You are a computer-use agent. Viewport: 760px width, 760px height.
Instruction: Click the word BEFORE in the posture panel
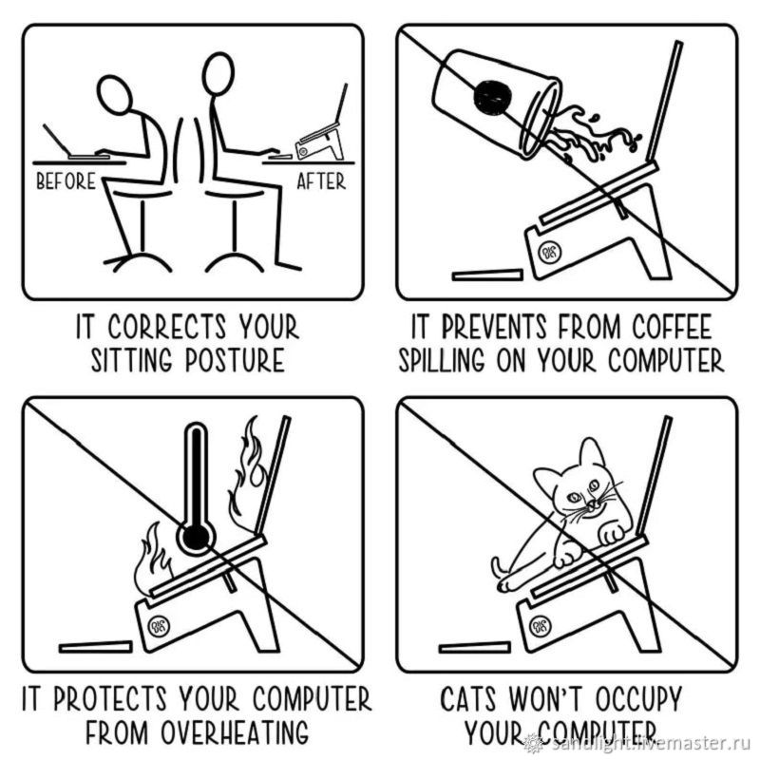point(66,181)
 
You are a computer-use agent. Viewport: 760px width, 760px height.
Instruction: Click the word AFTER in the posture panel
point(321,181)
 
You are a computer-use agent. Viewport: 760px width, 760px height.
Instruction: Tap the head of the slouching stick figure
point(114,94)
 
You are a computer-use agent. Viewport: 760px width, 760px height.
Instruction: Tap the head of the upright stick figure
point(218,73)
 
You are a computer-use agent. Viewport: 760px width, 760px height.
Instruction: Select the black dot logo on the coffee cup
point(492,97)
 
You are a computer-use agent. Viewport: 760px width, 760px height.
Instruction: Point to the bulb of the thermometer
point(196,537)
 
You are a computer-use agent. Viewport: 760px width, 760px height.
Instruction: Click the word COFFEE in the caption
point(672,327)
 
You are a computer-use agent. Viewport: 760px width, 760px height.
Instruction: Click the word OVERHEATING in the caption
point(235,731)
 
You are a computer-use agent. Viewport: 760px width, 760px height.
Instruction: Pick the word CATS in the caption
point(468,698)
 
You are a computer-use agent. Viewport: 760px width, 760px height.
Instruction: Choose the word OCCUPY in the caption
point(637,698)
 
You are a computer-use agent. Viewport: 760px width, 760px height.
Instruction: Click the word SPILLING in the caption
point(441,361)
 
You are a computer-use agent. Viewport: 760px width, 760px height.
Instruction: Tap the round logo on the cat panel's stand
point(540,627)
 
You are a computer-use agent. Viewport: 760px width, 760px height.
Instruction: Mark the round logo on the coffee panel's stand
point(550,252)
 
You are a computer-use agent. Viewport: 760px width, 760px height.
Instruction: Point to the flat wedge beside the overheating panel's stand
point(96,647)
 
